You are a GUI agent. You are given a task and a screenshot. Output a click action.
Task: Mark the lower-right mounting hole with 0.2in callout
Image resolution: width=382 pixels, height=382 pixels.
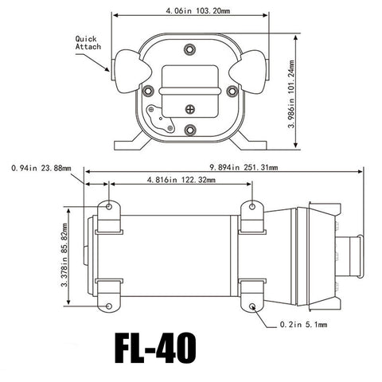point(252,306)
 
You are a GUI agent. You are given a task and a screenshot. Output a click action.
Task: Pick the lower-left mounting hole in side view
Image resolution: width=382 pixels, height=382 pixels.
point(109,306)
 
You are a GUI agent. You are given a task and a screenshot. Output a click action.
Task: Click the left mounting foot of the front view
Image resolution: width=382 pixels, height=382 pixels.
point(127,146)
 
